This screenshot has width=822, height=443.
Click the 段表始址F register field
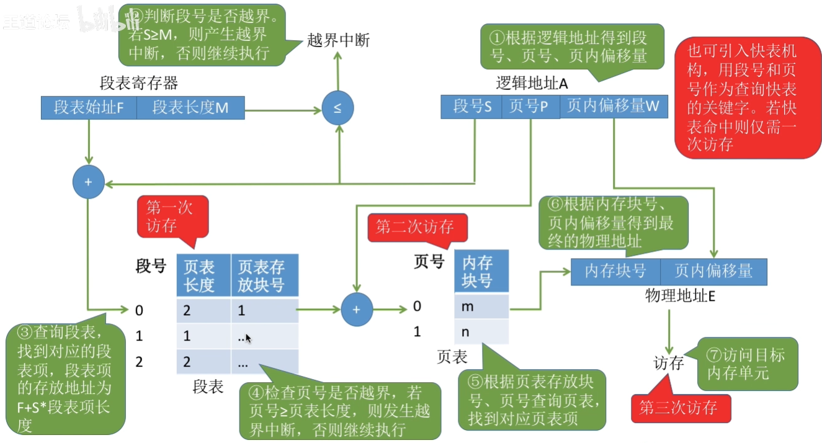[x=88, y=107]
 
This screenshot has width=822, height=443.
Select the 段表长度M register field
[x=190, y=107]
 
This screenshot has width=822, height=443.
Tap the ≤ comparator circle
[x=337, y=109]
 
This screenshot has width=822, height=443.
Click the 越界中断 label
[x=338, y=41]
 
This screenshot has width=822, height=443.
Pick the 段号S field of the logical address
[x=471, y=107]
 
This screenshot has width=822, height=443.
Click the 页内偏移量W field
[x=614, y=107]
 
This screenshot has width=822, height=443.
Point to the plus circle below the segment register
[x=88, y=182]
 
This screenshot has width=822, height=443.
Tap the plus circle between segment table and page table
[x=356, y=308]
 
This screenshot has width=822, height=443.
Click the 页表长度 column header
[x=203, y=275]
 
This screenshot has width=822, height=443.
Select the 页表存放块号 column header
[x=264, y=275]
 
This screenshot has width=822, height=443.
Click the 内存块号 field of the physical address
[x=615, y=272]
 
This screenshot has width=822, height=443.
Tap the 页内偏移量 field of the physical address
[x=713, y=272]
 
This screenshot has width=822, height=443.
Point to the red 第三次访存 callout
[x=681, y=408]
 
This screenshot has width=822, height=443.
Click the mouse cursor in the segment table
[x=248, y=338]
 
